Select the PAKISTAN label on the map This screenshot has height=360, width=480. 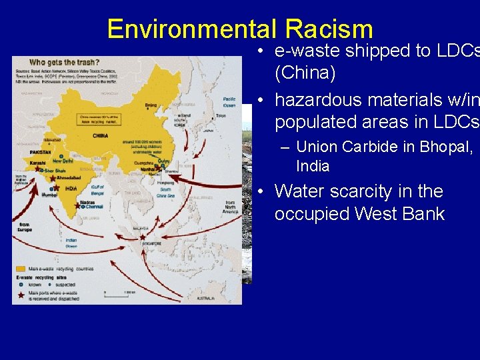click(41, 153)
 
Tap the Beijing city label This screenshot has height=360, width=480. click(152, 105)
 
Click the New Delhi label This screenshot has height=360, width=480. click(64, 161)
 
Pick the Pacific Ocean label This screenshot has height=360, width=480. click(229, 101)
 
